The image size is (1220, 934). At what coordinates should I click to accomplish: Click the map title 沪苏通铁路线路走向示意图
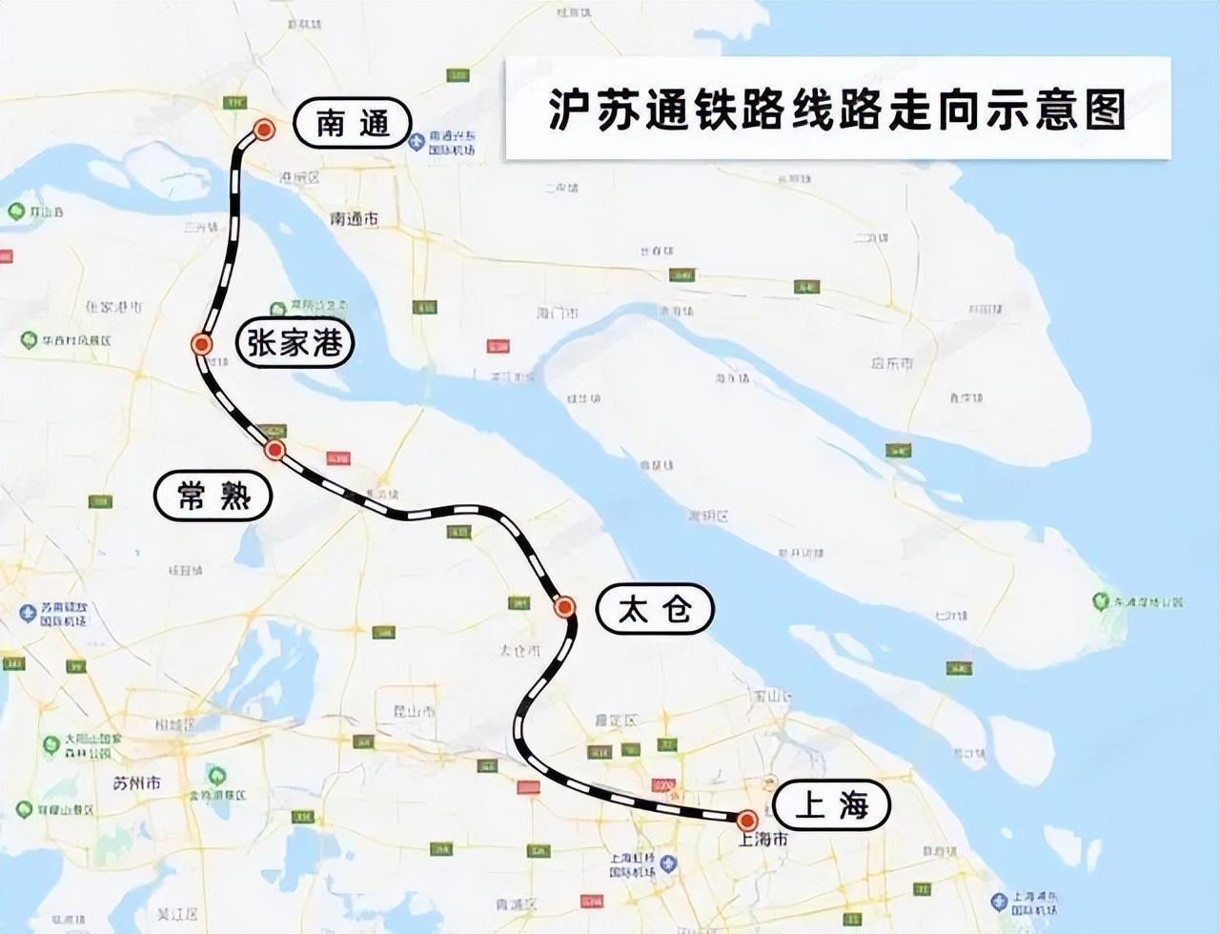point(837,109)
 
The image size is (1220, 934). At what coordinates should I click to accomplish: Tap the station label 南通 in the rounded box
point(352,123)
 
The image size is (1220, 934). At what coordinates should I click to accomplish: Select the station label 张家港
point(295,342)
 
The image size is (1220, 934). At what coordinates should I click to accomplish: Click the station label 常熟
point(213,496)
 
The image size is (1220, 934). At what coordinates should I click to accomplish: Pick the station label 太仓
point(655,609)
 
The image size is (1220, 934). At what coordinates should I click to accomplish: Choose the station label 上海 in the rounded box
point(831,806)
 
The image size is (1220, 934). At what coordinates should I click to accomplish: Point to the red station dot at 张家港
point(201,344)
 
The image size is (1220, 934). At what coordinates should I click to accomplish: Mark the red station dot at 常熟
point(274,450)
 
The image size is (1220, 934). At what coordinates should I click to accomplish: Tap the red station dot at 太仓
point(564,606)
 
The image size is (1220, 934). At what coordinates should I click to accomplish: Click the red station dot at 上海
point(747,819)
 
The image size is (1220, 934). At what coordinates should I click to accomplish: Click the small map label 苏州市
point(136,783)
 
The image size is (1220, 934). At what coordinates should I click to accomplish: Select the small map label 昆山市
point(416,711)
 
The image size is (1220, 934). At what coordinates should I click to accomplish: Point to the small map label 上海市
point(764,840)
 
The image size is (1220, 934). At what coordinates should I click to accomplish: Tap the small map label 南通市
point(355,219)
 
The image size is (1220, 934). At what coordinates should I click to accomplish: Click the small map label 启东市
point(892,363)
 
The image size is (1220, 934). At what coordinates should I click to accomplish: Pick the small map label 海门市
point(558,314)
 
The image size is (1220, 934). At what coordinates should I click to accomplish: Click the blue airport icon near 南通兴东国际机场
point(417,143)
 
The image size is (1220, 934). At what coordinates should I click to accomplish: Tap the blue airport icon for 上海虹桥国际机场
point(669,863)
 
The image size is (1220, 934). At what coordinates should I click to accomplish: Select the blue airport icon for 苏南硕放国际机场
point(28,613)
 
